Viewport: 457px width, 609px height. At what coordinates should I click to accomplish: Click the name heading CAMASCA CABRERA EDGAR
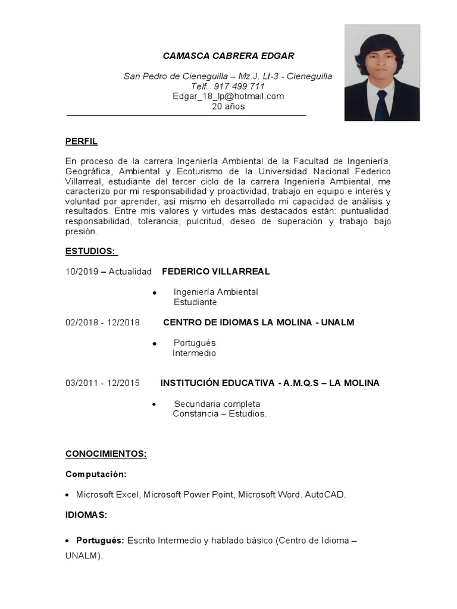pyautogui.click(x=228, y=56)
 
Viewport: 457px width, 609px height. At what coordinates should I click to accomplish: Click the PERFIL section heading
pyautogui.click(x=82, y=142)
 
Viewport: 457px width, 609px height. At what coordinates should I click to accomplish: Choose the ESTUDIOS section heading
pyautogui.click(x=90, y=252)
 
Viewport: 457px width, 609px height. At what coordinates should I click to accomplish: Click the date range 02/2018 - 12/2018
pyautogui.click(x=102, y=322)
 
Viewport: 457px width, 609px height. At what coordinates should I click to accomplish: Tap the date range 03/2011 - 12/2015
pyautogui.click(x=102, y=383)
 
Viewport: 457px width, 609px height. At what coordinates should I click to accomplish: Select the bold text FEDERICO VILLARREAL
pyautogui.click(x=216, y=271)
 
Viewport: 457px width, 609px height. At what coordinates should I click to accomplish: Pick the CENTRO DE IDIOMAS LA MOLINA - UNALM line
pyautogui.click(x=259, y=322)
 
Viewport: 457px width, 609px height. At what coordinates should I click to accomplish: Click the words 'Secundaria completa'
pyautogui.click(x=217, y=404)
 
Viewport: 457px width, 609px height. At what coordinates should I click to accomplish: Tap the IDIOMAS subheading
pyautogui.click(x=86, y=514)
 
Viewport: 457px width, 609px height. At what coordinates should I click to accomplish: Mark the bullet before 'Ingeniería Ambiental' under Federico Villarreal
pyautogui.click(x=154, y=293)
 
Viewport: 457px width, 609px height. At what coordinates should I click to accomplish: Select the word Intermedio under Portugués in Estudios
pyautogui.click(x=194, y=353)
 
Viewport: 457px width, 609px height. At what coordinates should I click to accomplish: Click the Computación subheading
pyautogui.click(x=96, y=474)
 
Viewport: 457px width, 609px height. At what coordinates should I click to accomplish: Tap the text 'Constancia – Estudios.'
pyautogui.click(x=220, y=414)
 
